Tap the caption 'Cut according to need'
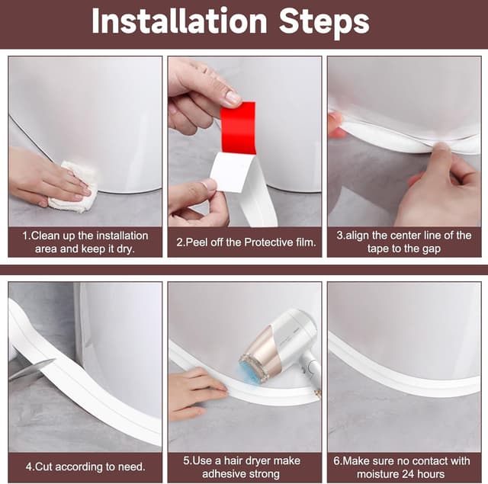pyautogui.click(x=85, y=466)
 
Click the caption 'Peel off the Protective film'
pyautogui.click(x=245, y=242)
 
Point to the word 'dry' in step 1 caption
pyautogui.click(x=129, y=248)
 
